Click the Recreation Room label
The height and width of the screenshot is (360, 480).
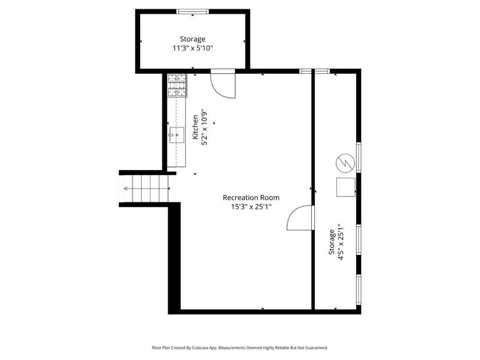(251, 197)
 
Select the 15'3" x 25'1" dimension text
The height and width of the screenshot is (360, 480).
(251, 207)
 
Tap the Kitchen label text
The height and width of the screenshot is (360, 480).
(196, 127)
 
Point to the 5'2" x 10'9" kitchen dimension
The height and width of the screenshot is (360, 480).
(204, 128)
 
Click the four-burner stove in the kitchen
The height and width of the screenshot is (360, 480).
(177, 86)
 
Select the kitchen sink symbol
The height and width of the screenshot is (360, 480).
(177, 133)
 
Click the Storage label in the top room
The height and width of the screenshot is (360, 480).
(192, 39)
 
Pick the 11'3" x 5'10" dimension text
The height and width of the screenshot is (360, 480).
(192, 48)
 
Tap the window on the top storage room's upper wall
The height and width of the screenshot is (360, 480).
(192, 11)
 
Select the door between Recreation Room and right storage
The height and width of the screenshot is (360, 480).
(301, 219)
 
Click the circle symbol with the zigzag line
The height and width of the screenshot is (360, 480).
(344, 162)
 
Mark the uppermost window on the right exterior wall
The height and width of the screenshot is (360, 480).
(358, 157)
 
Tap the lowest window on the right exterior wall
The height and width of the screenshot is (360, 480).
(358, 291)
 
